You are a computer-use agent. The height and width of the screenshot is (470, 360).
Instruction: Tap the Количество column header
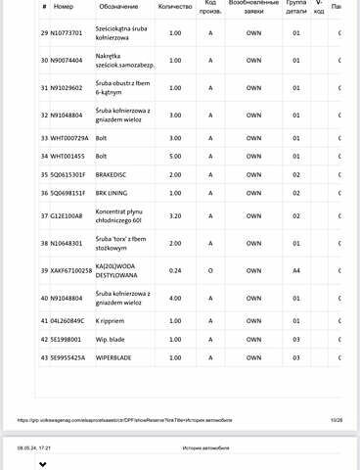[174, 6]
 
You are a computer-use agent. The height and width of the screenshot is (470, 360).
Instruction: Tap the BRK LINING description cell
[113, 193]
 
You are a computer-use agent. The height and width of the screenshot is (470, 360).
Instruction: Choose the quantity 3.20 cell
[175, 215]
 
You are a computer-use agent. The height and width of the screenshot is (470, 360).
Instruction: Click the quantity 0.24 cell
[175, 269]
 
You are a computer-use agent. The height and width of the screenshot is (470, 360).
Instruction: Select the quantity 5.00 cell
[175, 156]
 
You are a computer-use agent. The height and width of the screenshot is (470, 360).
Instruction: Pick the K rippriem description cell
[112, 321]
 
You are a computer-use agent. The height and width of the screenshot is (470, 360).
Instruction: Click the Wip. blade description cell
[111, 340]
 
